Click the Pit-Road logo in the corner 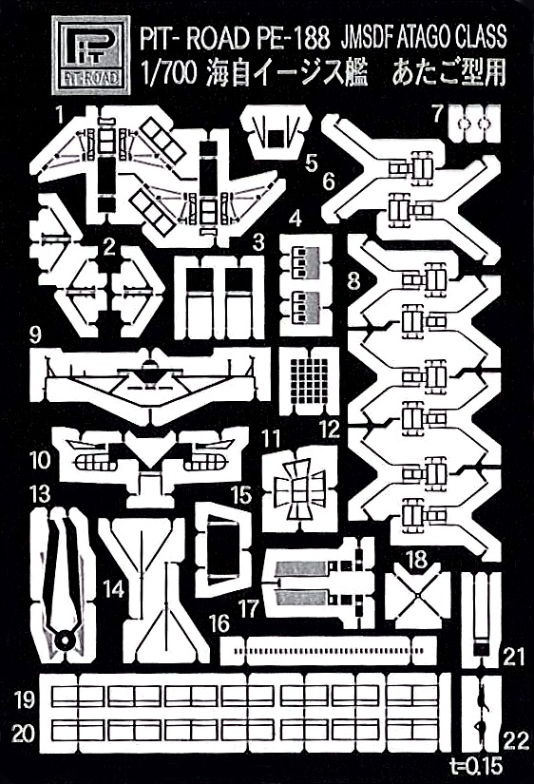pos(90,55)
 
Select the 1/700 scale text pos(166,75)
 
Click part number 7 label pos(437,114)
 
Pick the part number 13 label pos(40,494)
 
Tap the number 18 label pos(417,559)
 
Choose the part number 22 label pos(516,741)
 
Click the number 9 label pos(35,335)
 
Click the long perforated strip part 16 pos(329,651)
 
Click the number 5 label pos(311,163)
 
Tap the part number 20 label pos(23,735)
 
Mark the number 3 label pos(258,242)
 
